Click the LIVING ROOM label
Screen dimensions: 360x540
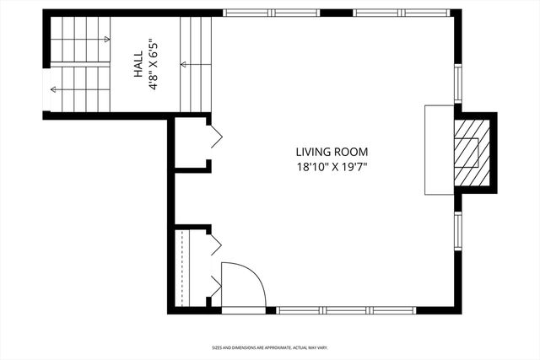(332, 152)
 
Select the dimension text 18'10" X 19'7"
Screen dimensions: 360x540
(332, 167)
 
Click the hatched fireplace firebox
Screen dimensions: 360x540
(470, 151)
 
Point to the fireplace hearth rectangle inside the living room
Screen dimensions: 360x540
(439, 151)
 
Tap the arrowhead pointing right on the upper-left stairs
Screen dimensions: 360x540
(106, 40)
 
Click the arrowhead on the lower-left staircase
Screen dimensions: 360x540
(53, 89)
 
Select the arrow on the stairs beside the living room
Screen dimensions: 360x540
(183, 63)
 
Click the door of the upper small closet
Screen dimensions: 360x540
(216, 137)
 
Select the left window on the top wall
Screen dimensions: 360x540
(271, 13)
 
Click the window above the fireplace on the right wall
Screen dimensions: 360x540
(458, 83)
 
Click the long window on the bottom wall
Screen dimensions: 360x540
(347, 310)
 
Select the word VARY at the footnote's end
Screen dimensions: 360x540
(322, 347)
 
